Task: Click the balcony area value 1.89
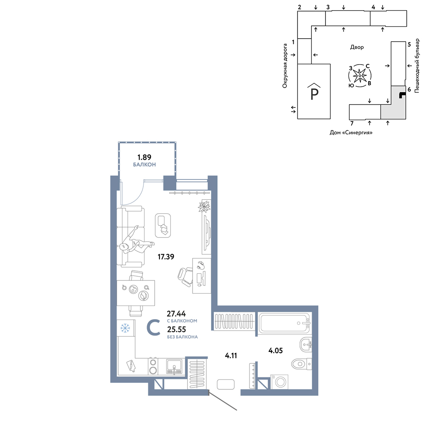pos(144,157)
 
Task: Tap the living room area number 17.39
pos(166,257)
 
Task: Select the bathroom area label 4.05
pos(275,351)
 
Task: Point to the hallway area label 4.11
pos(231,356)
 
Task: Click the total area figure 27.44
pos(176,314)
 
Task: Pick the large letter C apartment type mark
pos(153,327)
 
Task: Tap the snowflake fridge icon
pos(125,328)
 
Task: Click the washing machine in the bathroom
pos(280,382)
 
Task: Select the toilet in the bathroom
pos(302,363)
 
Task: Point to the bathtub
pos(284,323)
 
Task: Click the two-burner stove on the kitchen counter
pos(153,366)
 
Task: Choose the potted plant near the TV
pos(204,207)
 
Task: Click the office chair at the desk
pos(185,277)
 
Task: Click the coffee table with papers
pos(163,226)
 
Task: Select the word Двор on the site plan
pos(357,47)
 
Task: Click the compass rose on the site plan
pos(360,76)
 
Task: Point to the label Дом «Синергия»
pos(351,133)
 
